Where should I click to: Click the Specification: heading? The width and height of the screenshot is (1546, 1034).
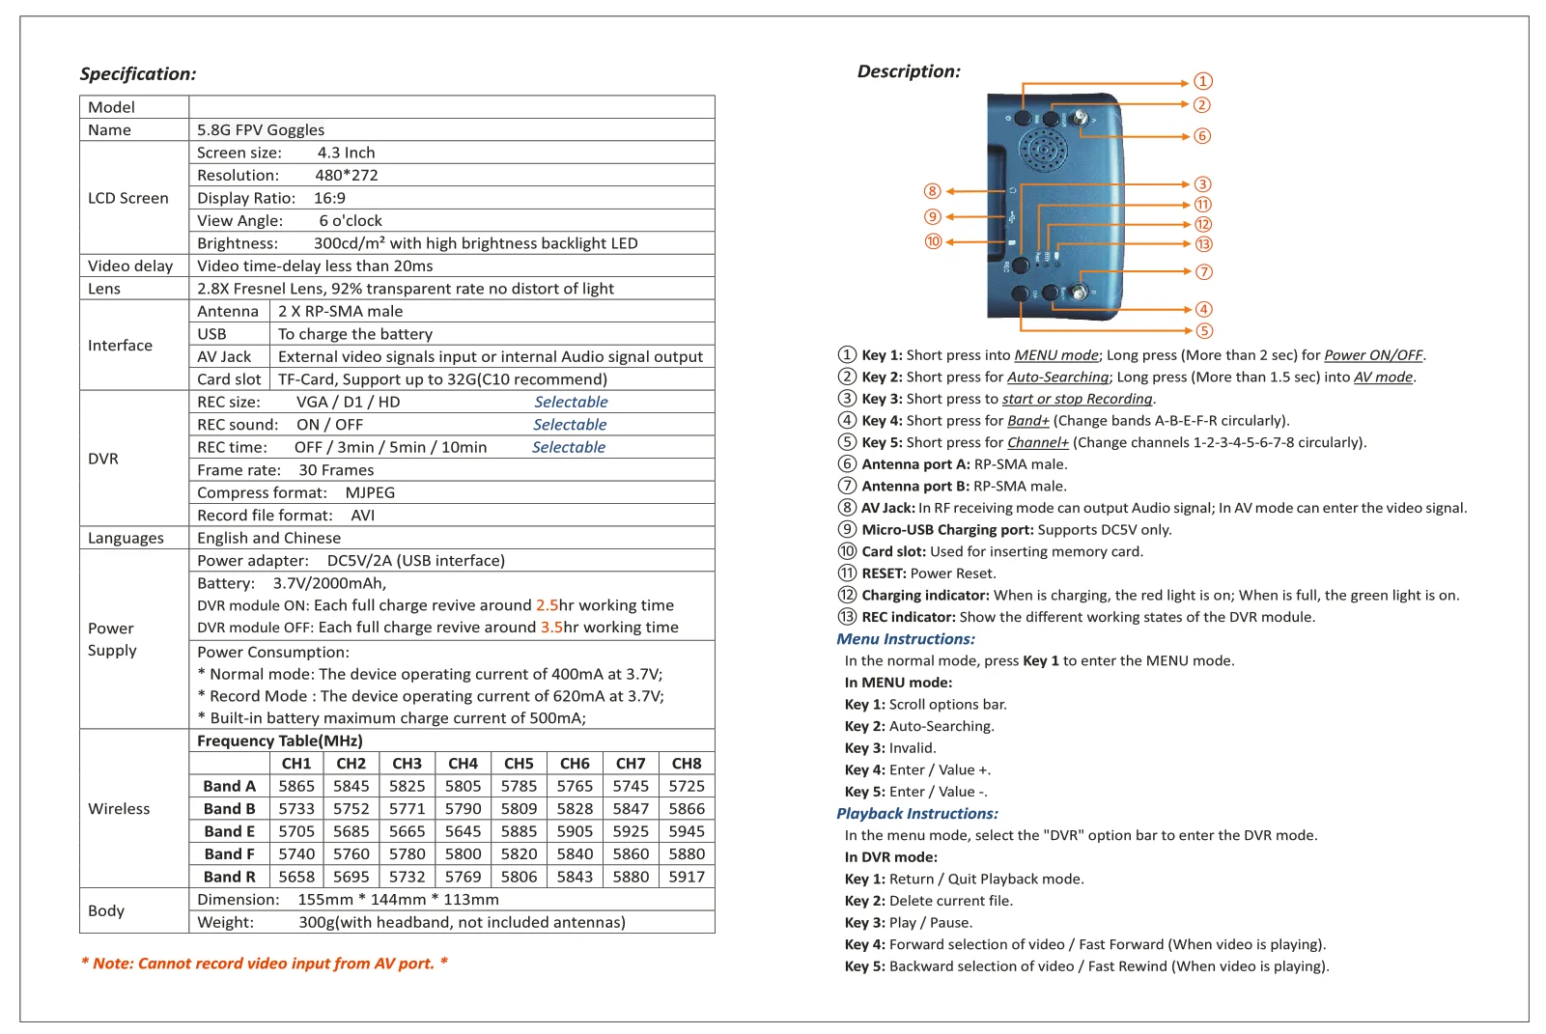(x=138, y=74)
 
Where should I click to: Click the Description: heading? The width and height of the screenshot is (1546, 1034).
(x=909, y=71)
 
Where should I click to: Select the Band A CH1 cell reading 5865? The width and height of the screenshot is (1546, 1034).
(x=296, y=786)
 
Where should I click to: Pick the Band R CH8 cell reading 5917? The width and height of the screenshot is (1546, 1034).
(x=687, y=877)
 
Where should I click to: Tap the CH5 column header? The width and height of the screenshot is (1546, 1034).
(x=519, y=764)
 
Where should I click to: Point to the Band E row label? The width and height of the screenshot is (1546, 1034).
(x=230, y=831)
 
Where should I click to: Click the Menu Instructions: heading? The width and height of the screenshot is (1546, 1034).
(x=906, y=639)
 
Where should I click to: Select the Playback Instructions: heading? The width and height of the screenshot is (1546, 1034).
(x=917, y=814)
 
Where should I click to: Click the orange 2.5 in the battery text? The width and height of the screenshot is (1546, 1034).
(x=547, y=605)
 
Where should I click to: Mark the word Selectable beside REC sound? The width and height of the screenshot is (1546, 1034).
(x=570, y=425)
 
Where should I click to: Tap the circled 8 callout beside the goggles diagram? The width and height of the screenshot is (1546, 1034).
(x=933, y=191)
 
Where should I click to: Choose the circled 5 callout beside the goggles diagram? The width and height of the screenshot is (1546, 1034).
(x=1204, y=331)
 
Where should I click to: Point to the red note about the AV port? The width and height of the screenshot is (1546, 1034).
(x=265, y=964)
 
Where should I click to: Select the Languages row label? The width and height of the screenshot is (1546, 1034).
(x=126, y=539)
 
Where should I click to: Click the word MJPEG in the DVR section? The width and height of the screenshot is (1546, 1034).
(x=370, y=493)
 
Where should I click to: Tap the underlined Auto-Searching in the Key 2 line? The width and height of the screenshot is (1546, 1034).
(x=1057, y=377)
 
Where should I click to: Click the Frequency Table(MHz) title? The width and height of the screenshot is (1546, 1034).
(x=280, y=741)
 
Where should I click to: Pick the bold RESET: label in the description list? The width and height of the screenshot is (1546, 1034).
(x=884, y=573)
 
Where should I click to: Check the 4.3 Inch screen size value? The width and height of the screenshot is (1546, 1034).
(x=346, y=153)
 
